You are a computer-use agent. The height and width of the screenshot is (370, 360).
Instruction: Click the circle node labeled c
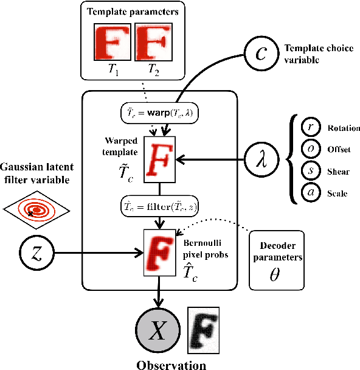click(x=261, y=53)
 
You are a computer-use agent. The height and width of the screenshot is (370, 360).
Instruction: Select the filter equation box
click(x=159, y=208)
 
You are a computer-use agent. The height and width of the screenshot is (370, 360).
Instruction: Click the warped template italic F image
click(x=160, y=159)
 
